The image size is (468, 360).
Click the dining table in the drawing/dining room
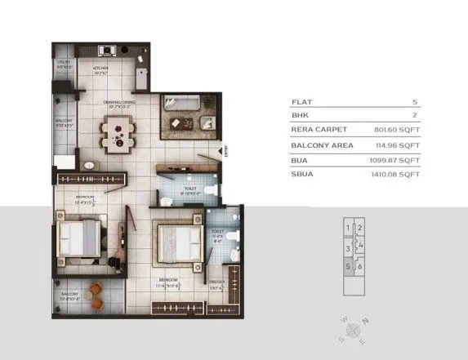coord(118,131)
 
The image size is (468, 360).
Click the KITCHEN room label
coord(100,69)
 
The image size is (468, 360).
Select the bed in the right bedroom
coord(178,242)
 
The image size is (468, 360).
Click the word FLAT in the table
coord(301,101)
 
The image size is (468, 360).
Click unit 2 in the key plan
coord(360,228)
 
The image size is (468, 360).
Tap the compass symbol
coord(354,330)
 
